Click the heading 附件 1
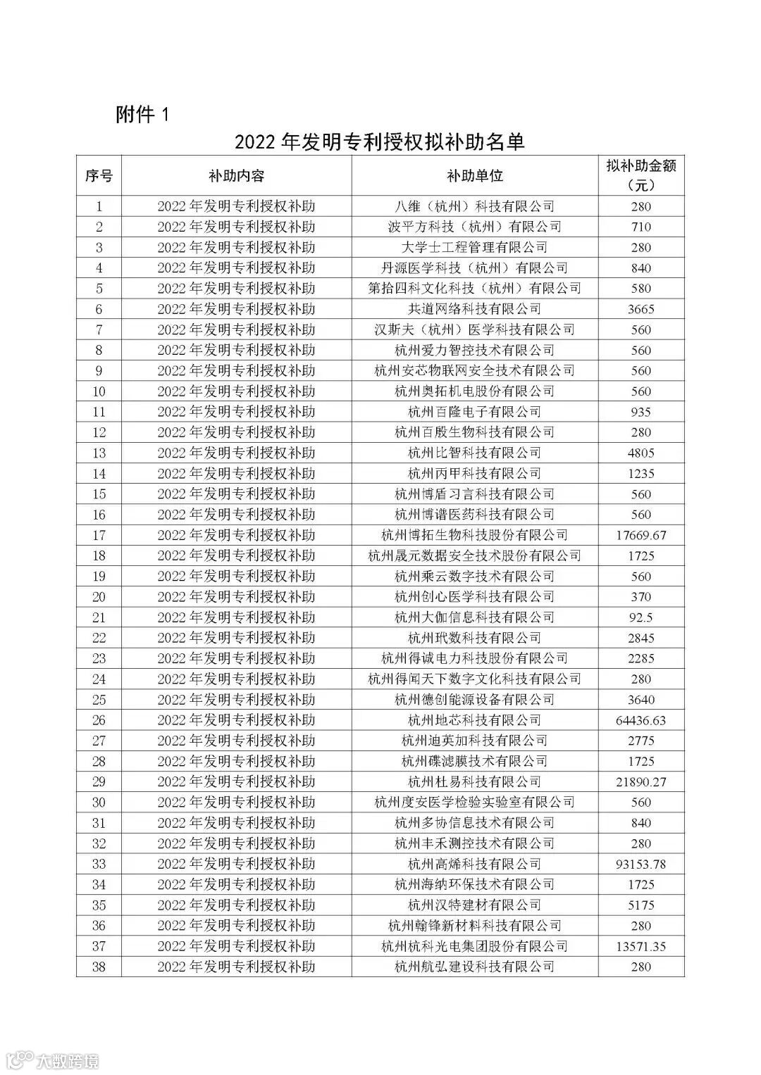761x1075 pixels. click(x=143, y=114)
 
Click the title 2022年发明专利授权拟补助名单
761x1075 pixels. click(x=380, y=142)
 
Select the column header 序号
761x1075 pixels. click(x=99, y=176)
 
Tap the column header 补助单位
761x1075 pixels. click(x=475, y=176)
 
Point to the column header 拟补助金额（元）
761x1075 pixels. click(x=641, y=176)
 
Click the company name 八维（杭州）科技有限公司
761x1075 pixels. click(x=475, y=206)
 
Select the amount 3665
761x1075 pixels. click(x=641, y=309)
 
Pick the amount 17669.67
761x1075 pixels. click(x=641, y=535)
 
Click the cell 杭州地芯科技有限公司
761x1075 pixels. click(x=475, y=720)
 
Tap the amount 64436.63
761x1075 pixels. click(x=641, y=720)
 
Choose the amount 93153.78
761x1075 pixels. click(x=641, y=864)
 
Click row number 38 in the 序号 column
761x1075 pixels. click(x=99, y=967)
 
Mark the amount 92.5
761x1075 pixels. click(x=641, y=617)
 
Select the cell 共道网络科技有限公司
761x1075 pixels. click(x=475, y=309)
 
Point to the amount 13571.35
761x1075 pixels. click(x=641, y=946)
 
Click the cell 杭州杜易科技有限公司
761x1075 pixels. click(x=475, y=781)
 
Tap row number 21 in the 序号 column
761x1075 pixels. click(x=99, y=617)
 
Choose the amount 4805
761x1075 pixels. click(x=641, y=453)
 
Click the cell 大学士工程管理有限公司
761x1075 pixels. click(x=475, y=247)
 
